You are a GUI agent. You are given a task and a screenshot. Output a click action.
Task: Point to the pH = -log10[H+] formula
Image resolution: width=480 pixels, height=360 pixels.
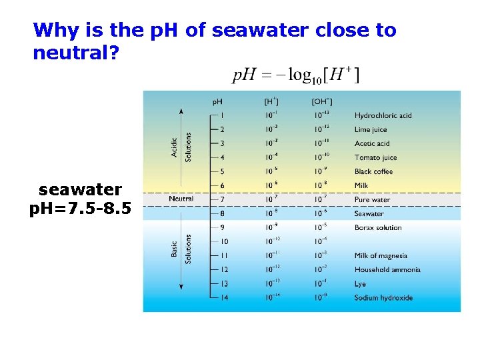point(296,75)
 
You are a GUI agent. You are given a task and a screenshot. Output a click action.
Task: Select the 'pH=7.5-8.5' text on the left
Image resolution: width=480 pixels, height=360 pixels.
point(80,210)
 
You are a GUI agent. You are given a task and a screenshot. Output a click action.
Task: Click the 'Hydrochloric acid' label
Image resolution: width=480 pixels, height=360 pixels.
point(383,115)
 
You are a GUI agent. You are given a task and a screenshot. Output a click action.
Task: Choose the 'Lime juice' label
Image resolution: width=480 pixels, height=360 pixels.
point(371,129)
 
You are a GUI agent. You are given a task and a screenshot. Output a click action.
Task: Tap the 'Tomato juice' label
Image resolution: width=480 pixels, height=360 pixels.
point(375,157)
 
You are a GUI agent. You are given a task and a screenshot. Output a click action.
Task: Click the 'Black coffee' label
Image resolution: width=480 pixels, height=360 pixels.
point(373,171)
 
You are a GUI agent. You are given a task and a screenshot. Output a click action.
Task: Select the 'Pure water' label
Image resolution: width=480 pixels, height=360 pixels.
point(372,199)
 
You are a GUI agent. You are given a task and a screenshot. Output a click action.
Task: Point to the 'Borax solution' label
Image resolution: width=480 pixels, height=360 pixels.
point(378,227)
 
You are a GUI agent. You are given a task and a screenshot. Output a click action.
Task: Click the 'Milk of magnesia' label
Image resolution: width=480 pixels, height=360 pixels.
point(381,255)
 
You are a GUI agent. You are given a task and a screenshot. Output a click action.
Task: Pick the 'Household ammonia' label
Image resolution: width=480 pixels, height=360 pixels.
point(387,269)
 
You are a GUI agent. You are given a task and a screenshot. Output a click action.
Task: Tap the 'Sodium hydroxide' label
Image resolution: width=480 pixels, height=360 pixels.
point(383,298)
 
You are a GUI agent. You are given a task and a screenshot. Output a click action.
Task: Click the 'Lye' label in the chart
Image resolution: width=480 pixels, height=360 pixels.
point(360,284)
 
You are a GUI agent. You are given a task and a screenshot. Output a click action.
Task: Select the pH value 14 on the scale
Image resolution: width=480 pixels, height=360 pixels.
point(223,298)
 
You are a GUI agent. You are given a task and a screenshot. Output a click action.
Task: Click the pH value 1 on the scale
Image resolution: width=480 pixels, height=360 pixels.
point(222,115)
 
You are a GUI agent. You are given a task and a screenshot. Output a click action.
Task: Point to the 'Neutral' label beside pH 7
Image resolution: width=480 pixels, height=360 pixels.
point(181,199)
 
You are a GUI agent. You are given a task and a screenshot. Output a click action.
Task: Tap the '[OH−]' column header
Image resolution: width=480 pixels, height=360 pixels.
point(322,101)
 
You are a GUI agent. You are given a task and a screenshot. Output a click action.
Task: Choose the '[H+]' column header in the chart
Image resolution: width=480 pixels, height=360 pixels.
point(271,101)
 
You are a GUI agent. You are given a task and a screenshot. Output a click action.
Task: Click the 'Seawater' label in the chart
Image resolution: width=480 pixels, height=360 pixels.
point(369,213)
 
